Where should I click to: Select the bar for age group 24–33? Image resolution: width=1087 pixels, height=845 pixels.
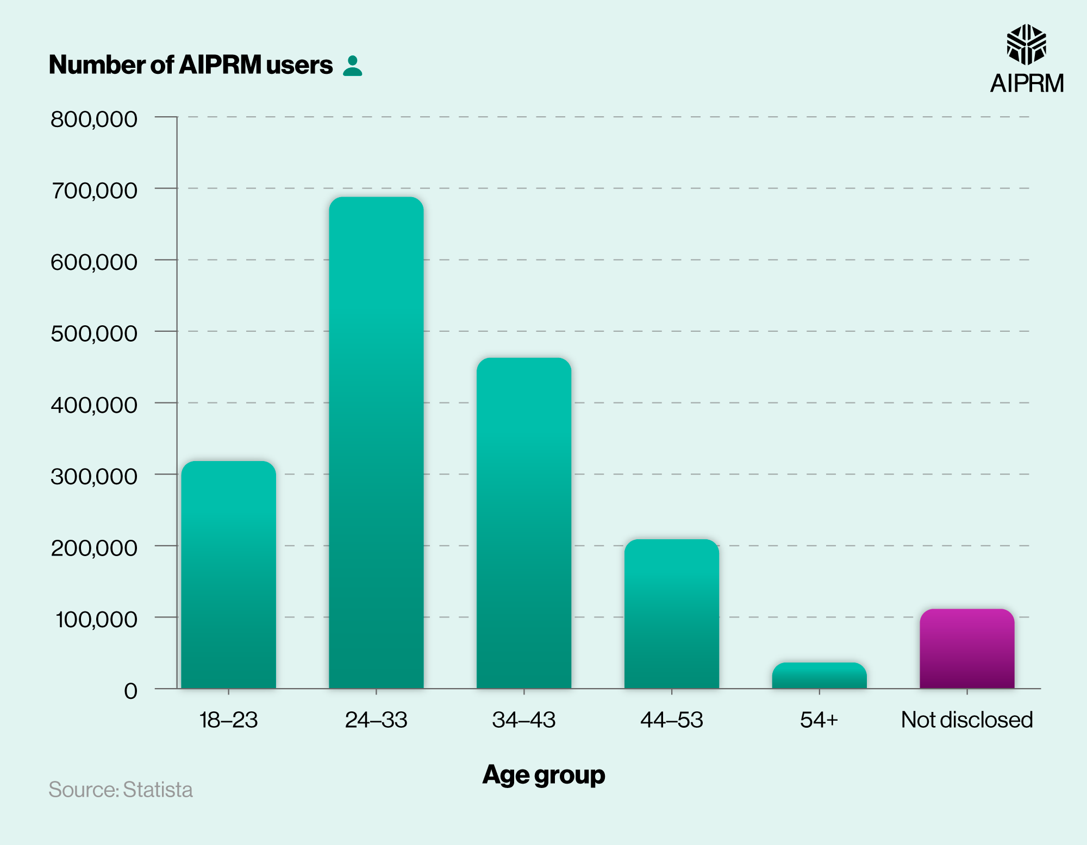point(376,443)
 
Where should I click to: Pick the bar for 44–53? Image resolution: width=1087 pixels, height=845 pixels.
point(672,614)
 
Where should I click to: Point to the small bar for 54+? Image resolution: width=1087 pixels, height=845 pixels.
point(819,676)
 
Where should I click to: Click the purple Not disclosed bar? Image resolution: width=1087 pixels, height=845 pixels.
point(967,649)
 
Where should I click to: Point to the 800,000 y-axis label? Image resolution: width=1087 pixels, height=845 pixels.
point(94,119)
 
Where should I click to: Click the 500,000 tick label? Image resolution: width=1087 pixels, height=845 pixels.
point(94,333)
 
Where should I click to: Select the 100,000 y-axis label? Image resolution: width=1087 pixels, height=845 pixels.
point(96,619)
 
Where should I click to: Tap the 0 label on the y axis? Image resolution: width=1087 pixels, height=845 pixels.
point(130,691)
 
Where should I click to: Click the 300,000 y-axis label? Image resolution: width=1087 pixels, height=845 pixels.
point(94,476)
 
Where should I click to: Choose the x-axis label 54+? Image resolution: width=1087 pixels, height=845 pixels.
point(819,720)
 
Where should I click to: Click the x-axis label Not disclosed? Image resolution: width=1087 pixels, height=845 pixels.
point(967,720)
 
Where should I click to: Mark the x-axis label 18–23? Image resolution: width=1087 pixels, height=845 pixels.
point(228,720)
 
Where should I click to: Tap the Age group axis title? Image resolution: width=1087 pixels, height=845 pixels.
point(543,774)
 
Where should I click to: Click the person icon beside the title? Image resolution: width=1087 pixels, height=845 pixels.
point(353,66)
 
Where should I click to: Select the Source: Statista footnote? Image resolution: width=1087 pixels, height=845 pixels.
point(121,790)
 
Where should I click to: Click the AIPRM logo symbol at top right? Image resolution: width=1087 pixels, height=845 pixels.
point(1026,45)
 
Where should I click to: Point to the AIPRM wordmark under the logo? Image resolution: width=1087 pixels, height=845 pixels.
point(1027,84)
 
